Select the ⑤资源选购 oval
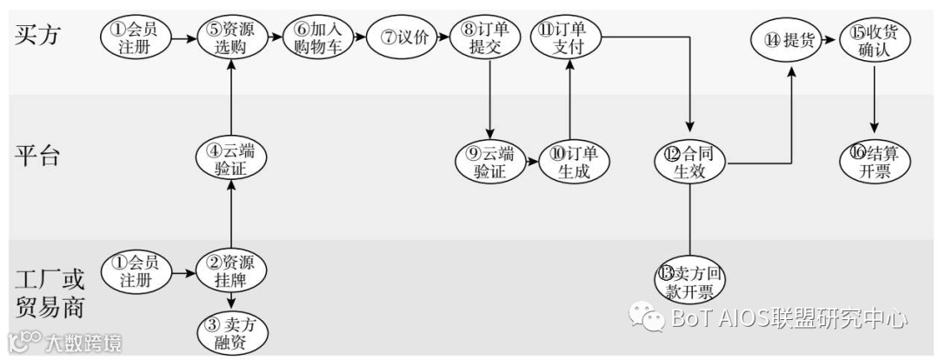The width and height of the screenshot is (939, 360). click(x=231, y=38)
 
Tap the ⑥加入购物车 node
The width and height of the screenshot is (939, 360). click(x=319, y=38)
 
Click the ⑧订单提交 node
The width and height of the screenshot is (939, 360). click(x=484, y=38)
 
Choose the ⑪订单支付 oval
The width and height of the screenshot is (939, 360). click(x=566, y=38)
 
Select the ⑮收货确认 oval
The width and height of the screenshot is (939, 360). click(x=874, y=40)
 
